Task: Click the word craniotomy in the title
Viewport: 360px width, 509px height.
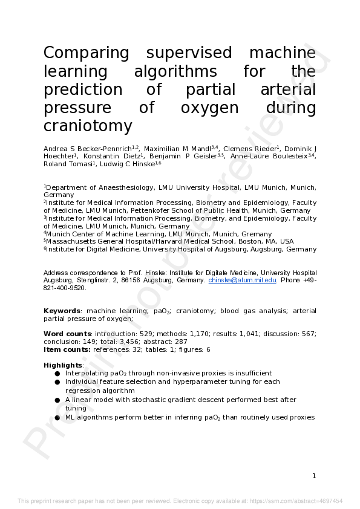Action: [x=87, y=126]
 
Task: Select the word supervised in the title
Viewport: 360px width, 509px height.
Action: [x=189, y=53]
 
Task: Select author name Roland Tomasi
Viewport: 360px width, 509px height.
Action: [x=63, y=164]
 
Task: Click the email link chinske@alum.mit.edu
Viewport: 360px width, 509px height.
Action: [x=242, y=280]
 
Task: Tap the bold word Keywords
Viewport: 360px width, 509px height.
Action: [x=62, y=311]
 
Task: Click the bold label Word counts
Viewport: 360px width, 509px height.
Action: [x=67, y=334]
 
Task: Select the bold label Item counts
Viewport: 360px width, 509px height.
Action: [x=67, y=349]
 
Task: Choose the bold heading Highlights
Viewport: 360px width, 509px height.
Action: [x=62, y=365]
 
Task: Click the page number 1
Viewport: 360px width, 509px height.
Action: [x=313, y=476]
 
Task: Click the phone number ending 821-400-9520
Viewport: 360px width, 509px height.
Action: [x=65, y=288]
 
